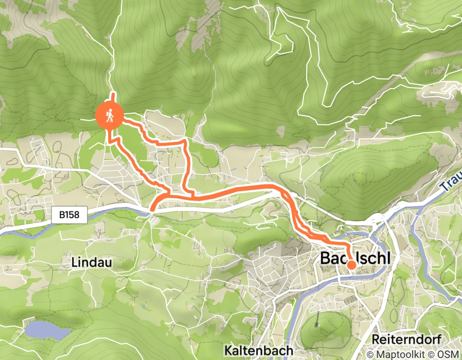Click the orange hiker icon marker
tap(109, 116)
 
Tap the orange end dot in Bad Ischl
tap(351, 265)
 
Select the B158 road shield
tap(69, 215)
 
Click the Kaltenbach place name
tap(258, 350)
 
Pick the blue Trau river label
tap(451, 184)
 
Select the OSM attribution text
tap(448, 354)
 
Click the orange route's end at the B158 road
tap(152, 208)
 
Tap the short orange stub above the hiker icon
tap(113, 97)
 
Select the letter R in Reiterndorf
tap(376, 339)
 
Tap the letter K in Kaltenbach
tap(228, 350)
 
